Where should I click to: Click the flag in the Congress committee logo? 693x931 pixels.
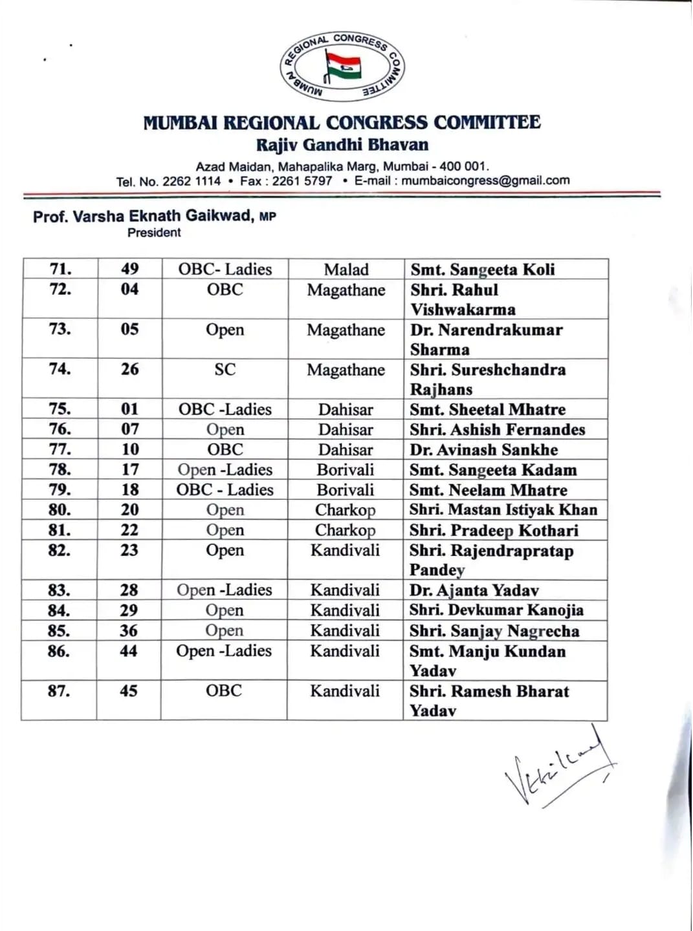[x=343, y=67]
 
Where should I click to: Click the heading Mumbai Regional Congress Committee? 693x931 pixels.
[x=342, y=122]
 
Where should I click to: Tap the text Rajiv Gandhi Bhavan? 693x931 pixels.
[x=342, y=144]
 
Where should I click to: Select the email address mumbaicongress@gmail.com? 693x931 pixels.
[x=485, y=180]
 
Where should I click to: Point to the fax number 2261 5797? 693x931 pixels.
[x=302, y=181]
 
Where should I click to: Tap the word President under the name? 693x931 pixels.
[x=154, y=233]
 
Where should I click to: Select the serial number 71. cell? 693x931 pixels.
[x=61, y=269]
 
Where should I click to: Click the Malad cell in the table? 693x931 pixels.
[x=346, y=270]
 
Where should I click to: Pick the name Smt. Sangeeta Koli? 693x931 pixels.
[x=482, y=270]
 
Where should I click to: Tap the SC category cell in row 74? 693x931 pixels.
[x=225, y=370]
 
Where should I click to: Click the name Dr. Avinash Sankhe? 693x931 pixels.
[x=483, y=450]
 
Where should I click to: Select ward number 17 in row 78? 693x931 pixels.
[x=129, y=469]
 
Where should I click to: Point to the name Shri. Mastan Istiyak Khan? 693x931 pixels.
[x=503, y=510]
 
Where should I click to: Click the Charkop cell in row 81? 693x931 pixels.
[x=345, y=530]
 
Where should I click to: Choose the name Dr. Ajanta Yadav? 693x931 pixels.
[x=474, y=590]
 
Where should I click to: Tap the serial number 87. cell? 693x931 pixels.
[x=59, y=690]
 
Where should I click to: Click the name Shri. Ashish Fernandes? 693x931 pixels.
[x=497, y=430]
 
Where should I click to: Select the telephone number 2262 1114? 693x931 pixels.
[x=192, y=181]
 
